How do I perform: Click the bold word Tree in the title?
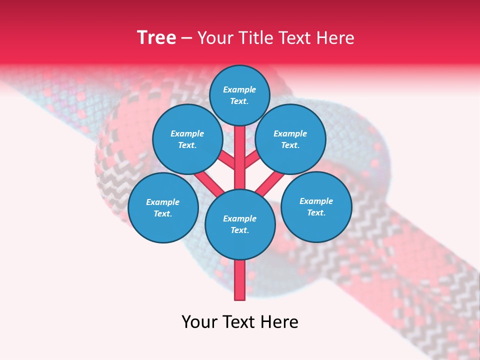[x=156, y=38]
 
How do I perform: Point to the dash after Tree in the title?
[x=187, y=38]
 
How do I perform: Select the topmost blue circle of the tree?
[x=239, y=95]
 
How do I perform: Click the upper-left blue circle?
[x=187, y=139]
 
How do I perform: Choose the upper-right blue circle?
[x=290, y=139]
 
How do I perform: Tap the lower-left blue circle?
[x=163, y=207]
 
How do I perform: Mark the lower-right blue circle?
[x=316, y=206]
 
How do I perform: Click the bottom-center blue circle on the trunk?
[x=240, y=224]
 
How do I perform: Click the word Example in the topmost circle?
[x=239, y=89]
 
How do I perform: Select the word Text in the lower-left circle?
[x=162, y=213]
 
